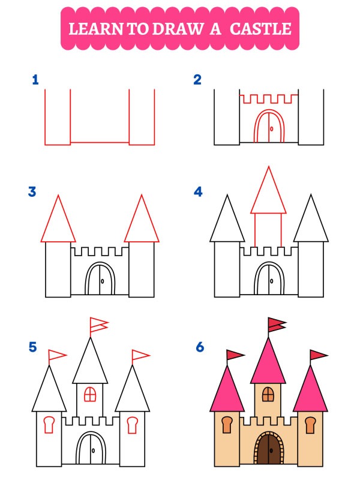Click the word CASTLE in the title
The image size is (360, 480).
pos(262,28)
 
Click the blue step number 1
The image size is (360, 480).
pos(35,80)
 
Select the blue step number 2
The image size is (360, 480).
pos(197,80)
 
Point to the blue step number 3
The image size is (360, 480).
pos(32,192)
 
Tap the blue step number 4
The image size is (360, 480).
pos(198,192)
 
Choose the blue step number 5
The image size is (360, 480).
pos(32,347)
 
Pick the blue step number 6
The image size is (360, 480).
pos(200,347)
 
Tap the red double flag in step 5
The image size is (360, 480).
pos(98,325)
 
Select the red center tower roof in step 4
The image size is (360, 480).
pos(268,192)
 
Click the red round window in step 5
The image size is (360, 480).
pos(90,394)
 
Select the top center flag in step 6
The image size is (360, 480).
pos(277,325)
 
